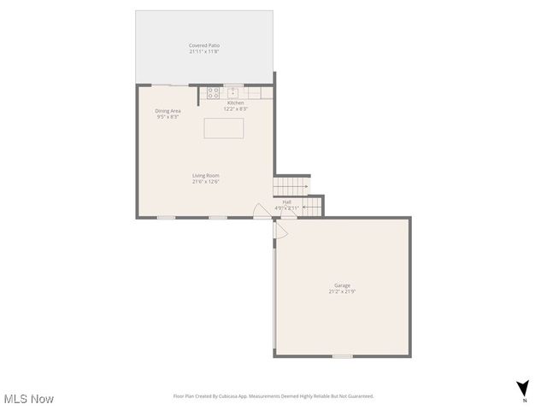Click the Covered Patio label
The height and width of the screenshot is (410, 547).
coord(204,45)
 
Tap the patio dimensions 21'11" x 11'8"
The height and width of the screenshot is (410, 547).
coord(204,51)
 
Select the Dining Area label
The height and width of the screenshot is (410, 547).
coord(168,110)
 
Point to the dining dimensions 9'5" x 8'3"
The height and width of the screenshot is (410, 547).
coord(168,116)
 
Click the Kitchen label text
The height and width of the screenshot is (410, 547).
coord(235,103)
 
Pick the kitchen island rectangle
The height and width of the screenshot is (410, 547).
coord(223,128)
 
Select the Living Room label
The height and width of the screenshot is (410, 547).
coord(205,176)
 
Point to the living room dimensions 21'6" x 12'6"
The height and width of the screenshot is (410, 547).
coord(205,182)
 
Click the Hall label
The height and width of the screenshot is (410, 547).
coord(286,202)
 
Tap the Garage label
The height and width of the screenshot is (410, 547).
coord(342,285)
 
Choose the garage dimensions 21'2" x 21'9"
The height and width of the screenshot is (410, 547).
coord(342,291)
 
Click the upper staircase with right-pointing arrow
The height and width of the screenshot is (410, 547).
coord(291,184)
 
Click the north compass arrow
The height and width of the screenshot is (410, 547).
coord(522,389)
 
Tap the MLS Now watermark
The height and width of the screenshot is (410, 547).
coord(29,399)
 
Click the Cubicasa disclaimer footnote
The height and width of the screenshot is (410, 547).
coord(273,396)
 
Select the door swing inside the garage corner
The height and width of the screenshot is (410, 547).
coord(279,229)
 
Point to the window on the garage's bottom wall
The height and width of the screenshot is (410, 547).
coord(342,356)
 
